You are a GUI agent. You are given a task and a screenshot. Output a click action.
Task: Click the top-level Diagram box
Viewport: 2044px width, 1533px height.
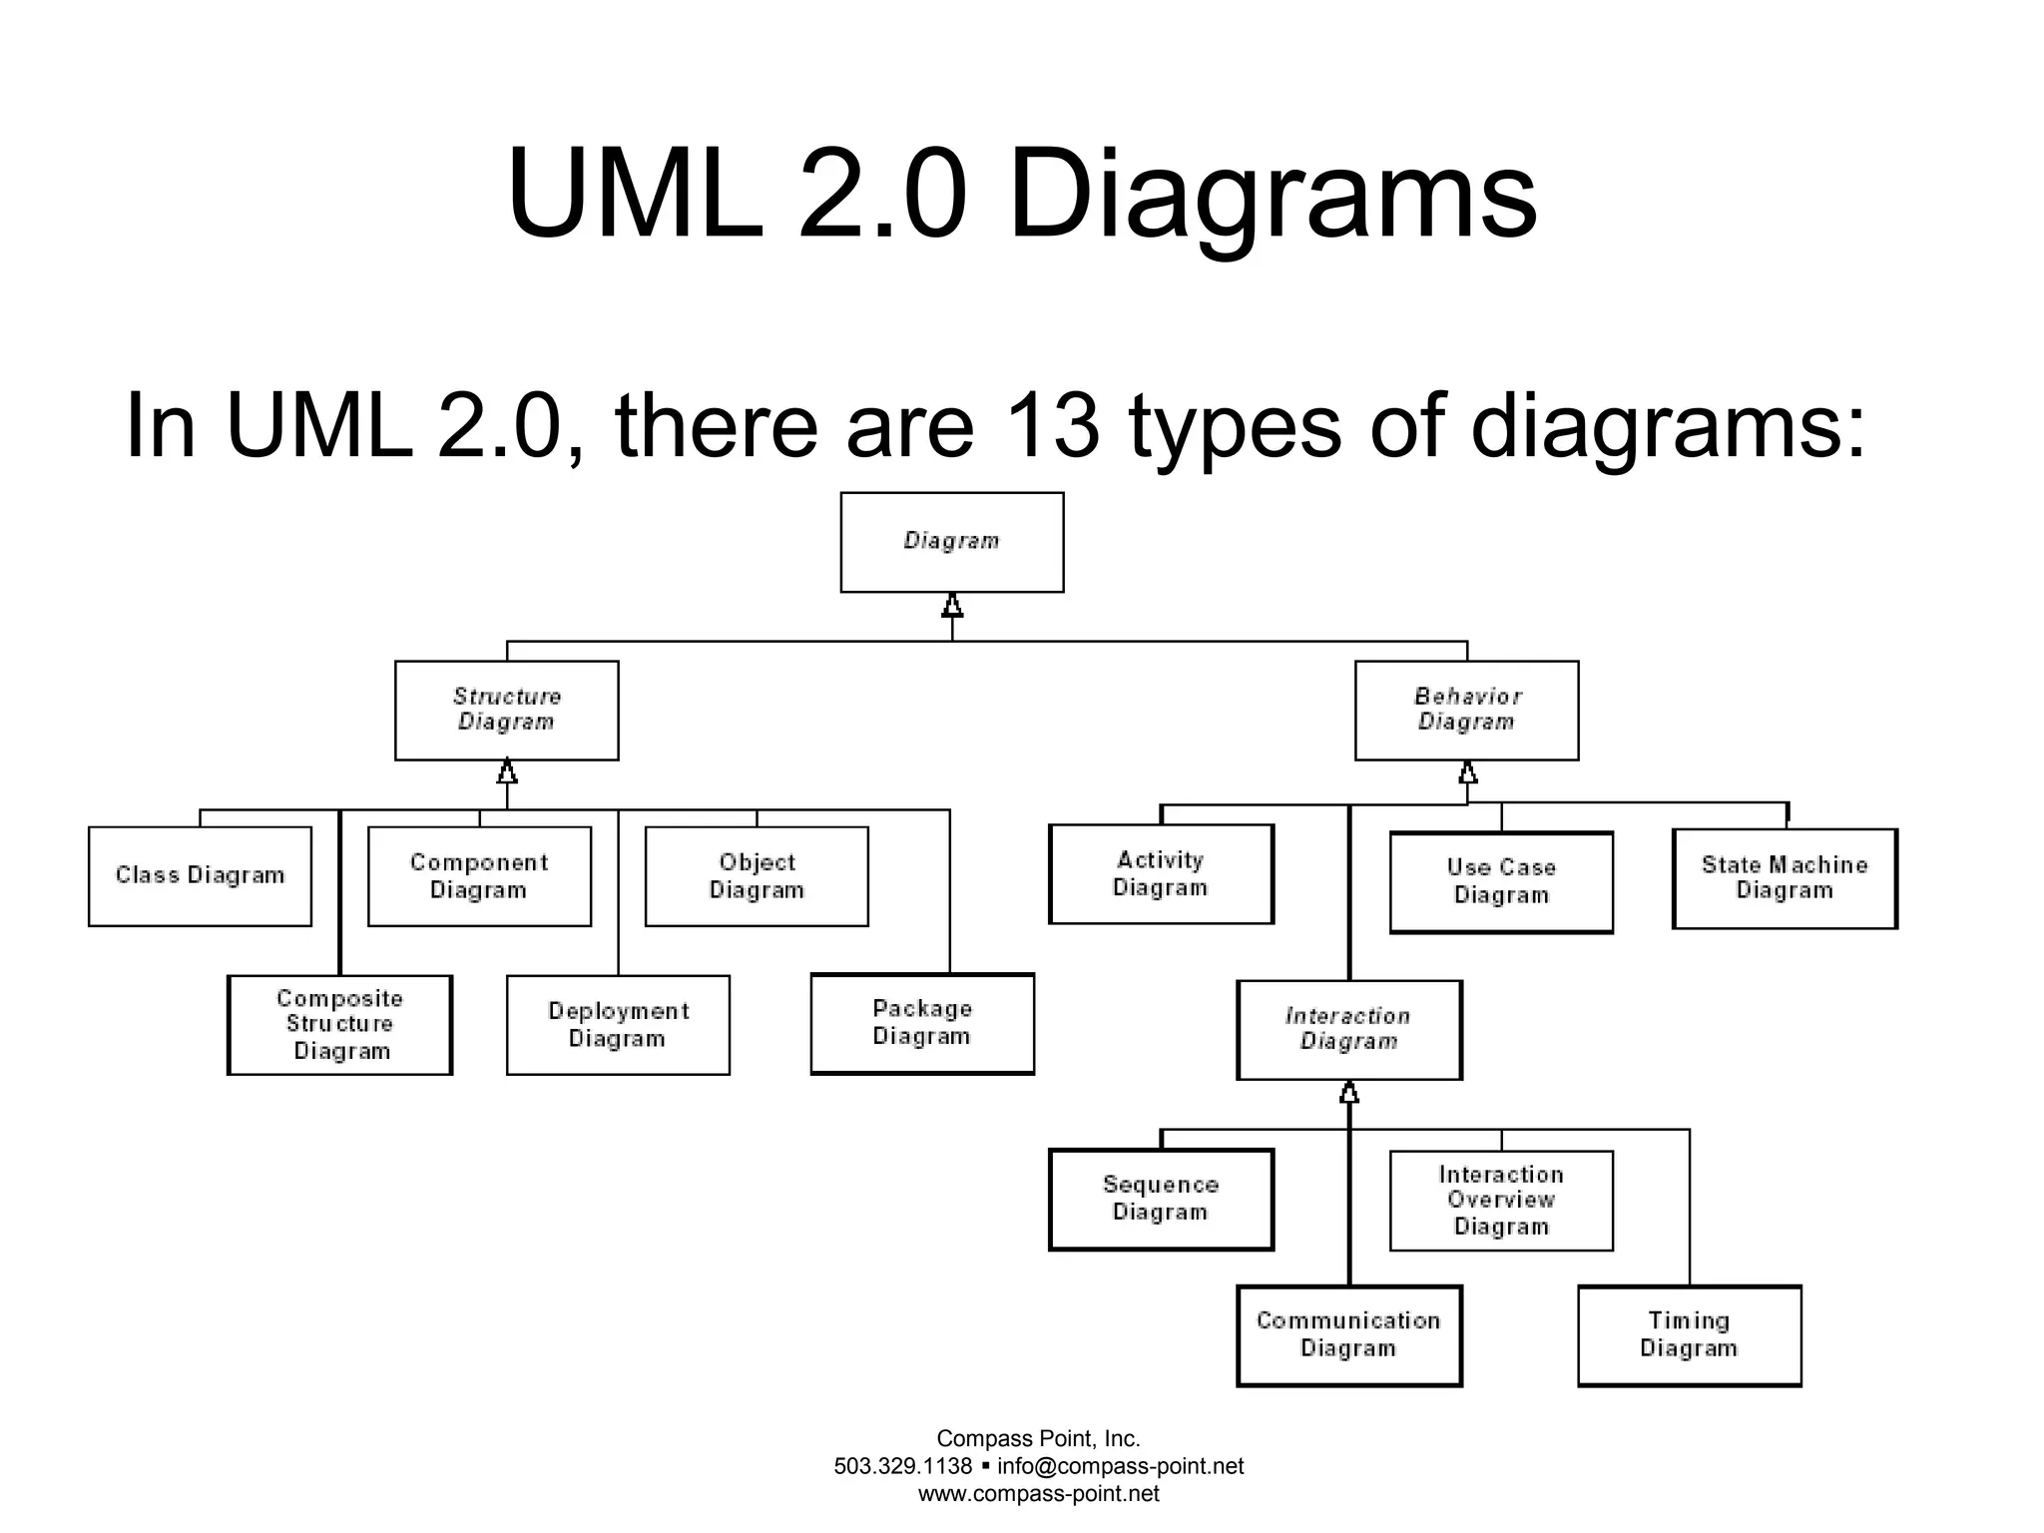click(x=951, y=542)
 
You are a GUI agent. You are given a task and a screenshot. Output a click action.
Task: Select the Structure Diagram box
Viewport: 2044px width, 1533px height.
click(x=506, y=710)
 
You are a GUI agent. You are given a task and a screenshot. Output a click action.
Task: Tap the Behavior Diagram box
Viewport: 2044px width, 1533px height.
click(x=1466, y=710)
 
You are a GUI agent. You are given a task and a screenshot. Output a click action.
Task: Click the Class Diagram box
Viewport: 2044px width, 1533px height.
click(x=200, y=875)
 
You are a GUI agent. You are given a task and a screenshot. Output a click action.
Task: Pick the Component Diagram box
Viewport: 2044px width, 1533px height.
click(x=479, y=875)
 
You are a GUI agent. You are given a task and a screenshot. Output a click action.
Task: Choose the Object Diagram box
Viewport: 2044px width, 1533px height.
click(x=757, y=875)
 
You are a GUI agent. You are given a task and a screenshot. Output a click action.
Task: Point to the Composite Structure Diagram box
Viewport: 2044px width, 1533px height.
click(x=339, y=1024)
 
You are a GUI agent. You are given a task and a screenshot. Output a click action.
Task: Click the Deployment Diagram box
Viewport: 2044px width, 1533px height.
click(x=618, y=1024)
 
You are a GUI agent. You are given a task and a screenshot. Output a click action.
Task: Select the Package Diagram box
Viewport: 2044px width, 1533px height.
click(x=921, y=1023)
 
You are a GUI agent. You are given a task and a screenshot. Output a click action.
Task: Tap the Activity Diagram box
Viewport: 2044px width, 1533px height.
click(x=1161, y=873)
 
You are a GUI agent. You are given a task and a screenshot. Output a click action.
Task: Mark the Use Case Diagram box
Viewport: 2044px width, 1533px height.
click(x=1501, y=881)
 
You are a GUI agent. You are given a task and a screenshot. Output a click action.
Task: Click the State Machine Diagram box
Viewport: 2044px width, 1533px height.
click(x=1785, y=877)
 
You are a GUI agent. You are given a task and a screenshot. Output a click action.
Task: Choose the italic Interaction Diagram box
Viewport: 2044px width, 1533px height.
click(x=1348, y=1029)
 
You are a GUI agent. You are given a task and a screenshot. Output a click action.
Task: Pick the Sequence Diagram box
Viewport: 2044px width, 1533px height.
click(x=1161, y=1199)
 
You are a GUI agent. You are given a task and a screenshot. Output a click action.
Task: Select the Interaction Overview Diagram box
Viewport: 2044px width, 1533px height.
click(x=1501, y=1200)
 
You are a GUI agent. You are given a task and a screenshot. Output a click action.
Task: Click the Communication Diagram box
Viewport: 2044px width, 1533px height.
click(x=1348, y=1334)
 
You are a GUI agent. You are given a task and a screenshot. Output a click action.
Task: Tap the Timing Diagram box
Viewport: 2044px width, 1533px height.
click(x=1689, y=1334)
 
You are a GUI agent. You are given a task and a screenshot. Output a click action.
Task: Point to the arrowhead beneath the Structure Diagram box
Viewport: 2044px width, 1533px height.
click(x=507, y=771)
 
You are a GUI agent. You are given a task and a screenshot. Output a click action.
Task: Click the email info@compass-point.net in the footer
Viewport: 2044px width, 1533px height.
click(x=1120, y=1466)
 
